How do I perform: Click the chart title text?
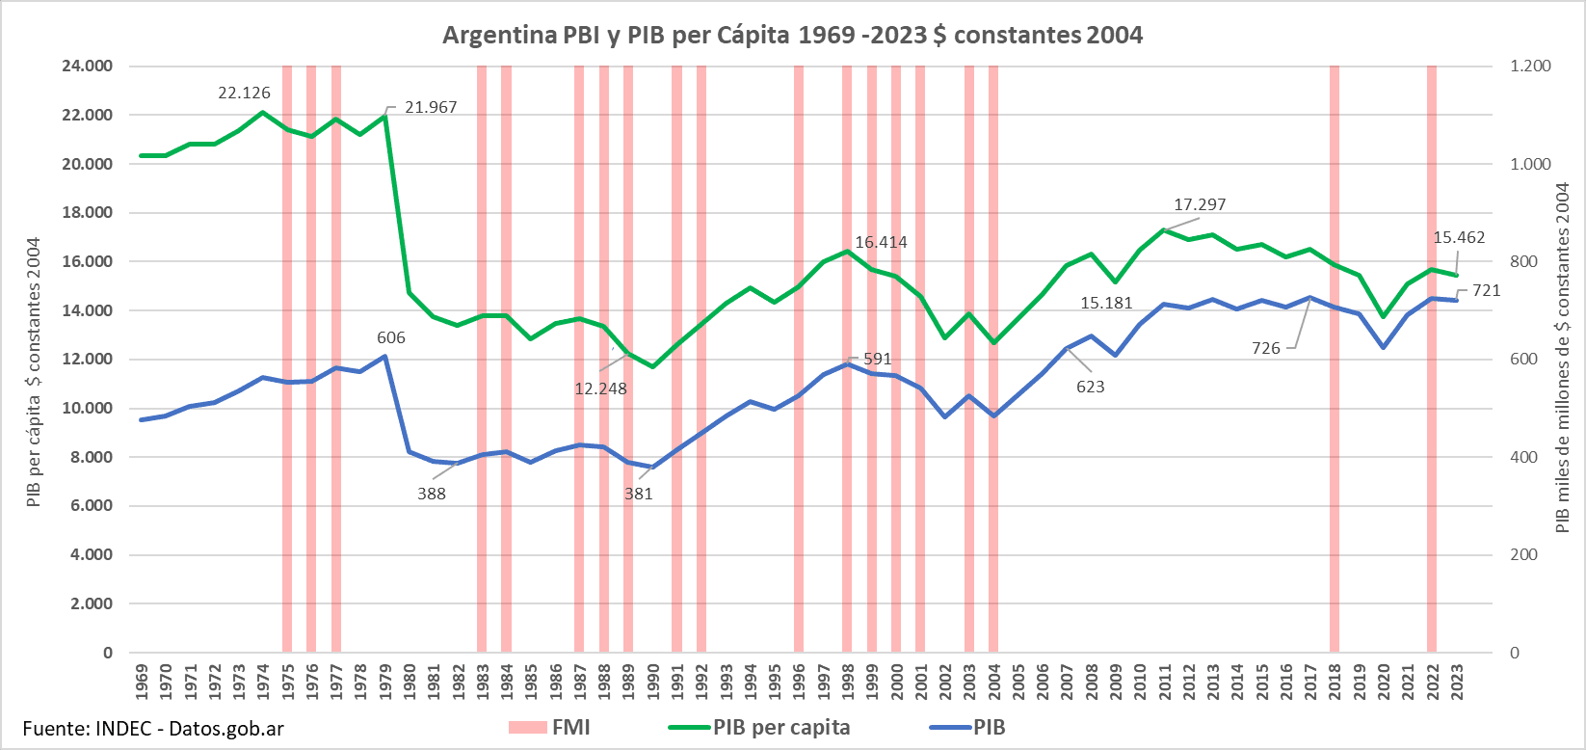tap(792, 36)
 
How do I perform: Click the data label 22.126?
tap(244, 94)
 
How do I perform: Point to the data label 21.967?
tap(431, 107)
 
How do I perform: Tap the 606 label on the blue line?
tap(390, 337)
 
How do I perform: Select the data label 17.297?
tap(1200, 204)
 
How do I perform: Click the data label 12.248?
tap(600, 388)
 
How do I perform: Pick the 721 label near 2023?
tap(1486, 290)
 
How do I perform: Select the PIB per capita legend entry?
tap(780, 728)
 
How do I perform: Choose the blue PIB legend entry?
tap(989, 728)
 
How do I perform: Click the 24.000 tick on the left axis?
tap(88, 67)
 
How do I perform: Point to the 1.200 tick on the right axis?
tap(1530, 67)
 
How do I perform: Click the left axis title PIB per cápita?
tap(34, 372)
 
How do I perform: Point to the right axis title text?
tap(1562, 359)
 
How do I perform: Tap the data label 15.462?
tap(1459, 237)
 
